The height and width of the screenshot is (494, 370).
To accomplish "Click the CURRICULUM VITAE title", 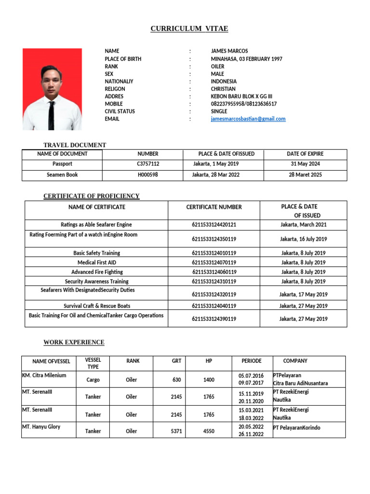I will [x=189, y=29].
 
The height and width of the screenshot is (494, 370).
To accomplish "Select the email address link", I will [x=248, y=119].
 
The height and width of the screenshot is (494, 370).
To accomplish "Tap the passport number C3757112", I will [x=148, y=164].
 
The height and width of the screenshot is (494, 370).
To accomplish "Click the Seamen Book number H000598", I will [x=148, y=175].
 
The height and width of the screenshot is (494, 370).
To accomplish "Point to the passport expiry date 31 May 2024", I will [x=305, y=164].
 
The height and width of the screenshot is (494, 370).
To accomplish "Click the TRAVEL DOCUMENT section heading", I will [x=75, y=145].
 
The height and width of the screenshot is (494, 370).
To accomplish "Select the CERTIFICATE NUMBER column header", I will [x=214, y=207].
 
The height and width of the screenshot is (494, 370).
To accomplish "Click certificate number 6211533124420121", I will [x=214, y=225].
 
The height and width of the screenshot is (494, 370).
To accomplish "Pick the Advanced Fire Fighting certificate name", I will [x=96, y=272].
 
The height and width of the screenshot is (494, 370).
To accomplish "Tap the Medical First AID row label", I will [x=96, y=262].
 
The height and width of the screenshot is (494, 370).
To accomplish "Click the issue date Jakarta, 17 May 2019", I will [x=303, y=294].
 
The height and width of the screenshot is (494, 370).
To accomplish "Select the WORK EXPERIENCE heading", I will [x=74, y=343].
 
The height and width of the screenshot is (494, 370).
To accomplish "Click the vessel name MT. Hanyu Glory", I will [x=41, y=427].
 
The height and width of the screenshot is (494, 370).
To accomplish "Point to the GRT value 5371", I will [x=176, y=431].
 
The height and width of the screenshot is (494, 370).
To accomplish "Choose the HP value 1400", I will [x=209, y=380].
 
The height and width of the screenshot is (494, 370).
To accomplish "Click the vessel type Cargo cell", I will [x=93, y=380].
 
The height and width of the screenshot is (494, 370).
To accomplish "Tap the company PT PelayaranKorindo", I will [x=296, y=428].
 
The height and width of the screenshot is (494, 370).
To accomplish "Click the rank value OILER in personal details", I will [x=218, y=67].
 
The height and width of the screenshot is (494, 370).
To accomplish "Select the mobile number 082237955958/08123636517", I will [x=244, y=104].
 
